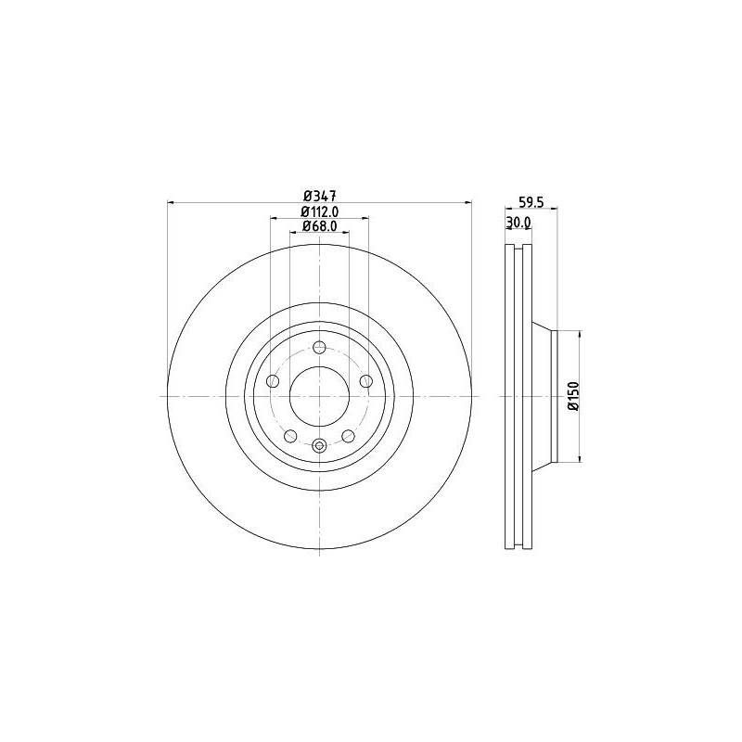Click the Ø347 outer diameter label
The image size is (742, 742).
pos(319,195)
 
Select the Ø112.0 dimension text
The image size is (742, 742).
pos(319,211)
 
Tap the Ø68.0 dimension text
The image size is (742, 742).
pos(319,227)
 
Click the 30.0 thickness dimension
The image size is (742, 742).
pos(518,223)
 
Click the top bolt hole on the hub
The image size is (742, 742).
pos(320,348)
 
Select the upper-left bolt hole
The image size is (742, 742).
pos(273,381)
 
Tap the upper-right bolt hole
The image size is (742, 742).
pos(366,381)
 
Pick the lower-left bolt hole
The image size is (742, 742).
pos(290,436)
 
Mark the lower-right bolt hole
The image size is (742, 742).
pos(349,436)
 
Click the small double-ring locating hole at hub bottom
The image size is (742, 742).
pos(320,446)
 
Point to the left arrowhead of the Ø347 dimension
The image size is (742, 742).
pos(171,202)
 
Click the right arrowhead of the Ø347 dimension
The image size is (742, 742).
pos(468,202)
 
